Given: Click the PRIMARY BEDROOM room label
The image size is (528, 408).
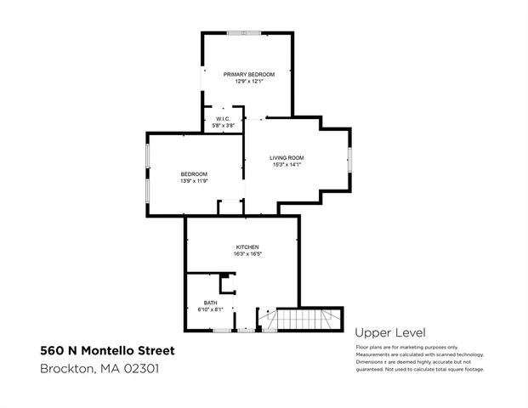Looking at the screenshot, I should (249, 75).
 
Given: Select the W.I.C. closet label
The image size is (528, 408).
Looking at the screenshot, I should (222, 118).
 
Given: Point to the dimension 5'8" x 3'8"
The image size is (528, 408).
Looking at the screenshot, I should (222, 126).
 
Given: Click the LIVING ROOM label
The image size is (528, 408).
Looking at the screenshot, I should (287, 158).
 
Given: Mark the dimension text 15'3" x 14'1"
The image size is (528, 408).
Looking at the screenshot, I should (287, 166).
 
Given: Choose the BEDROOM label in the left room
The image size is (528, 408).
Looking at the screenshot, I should (194, 173).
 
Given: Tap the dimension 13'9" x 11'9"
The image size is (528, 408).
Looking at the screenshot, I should (194, 181).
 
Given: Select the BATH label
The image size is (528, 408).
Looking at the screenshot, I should (210, 303).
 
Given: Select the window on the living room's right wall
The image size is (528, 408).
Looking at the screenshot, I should (349, 159).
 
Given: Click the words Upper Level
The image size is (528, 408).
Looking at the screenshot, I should (389, 333).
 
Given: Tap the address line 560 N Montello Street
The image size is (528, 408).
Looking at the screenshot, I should (107, 350).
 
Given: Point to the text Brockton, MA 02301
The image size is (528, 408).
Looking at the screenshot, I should (99, 369).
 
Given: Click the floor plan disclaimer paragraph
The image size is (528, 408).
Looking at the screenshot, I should (419, 358).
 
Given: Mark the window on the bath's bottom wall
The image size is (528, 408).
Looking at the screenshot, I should (224, 331).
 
